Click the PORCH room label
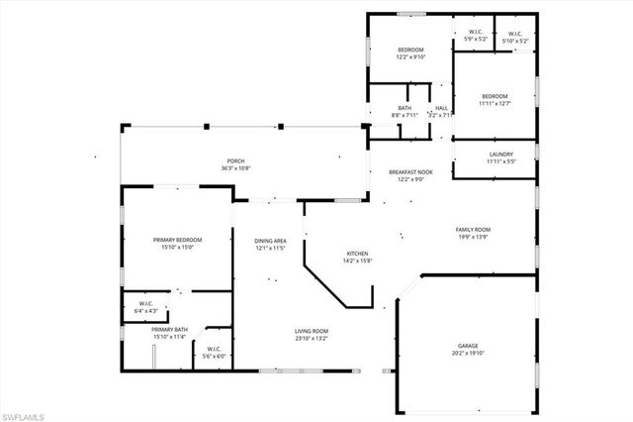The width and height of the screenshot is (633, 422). click(235, 161)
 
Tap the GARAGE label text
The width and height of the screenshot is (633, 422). click(467, 346)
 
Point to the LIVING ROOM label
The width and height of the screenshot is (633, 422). click(312, 331)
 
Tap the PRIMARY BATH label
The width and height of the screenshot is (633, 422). click(171, 330)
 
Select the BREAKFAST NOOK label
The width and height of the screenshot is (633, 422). click(410, 172)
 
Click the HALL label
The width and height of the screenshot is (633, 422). click(441, 108)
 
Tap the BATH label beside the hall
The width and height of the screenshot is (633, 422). click(405, 108)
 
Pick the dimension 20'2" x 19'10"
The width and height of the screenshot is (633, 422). click(467, 354)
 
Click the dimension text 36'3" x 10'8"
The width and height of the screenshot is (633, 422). click(235, 168)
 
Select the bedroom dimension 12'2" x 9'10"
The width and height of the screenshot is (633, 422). click(410, 56)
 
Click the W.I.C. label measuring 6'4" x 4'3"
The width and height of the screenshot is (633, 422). click(145, 304)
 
